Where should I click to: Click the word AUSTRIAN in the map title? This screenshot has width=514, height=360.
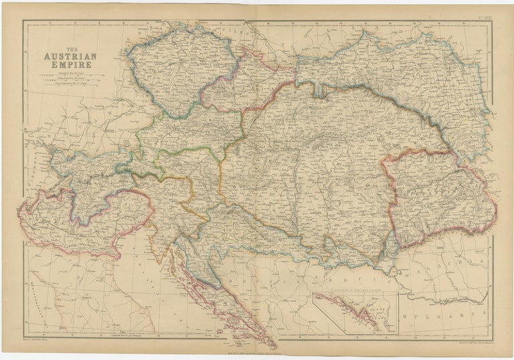pyautogui.click(x=68, y=57)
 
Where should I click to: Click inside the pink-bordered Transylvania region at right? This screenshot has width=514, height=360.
pyautogui.click(x=435, y=197)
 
